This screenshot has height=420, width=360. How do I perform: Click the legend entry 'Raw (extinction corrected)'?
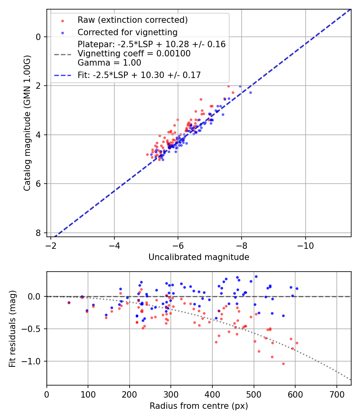coord(132,20)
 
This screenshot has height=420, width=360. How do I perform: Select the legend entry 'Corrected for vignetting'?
coord(127,32)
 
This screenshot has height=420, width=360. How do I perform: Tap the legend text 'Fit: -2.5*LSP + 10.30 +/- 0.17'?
coord(139,75)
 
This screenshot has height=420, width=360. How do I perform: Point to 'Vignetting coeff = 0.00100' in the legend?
coord(134,53)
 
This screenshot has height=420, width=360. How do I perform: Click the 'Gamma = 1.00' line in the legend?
coord(109,62)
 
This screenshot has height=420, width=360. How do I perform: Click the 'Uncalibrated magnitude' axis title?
coord(199,257)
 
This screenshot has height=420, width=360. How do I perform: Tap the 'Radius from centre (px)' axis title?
coord(199,406)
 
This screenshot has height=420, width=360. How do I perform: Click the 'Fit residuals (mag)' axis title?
coord(12,328)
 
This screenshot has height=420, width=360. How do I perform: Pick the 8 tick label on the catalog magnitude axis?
coord(39,233)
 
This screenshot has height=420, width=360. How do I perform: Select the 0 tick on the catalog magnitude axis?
coord(39,37)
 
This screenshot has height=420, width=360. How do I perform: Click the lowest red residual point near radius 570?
coord(283,364)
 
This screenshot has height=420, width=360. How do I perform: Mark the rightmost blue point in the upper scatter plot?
coord(250,92)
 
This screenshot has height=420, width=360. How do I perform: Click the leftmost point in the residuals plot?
coord(69,302)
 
